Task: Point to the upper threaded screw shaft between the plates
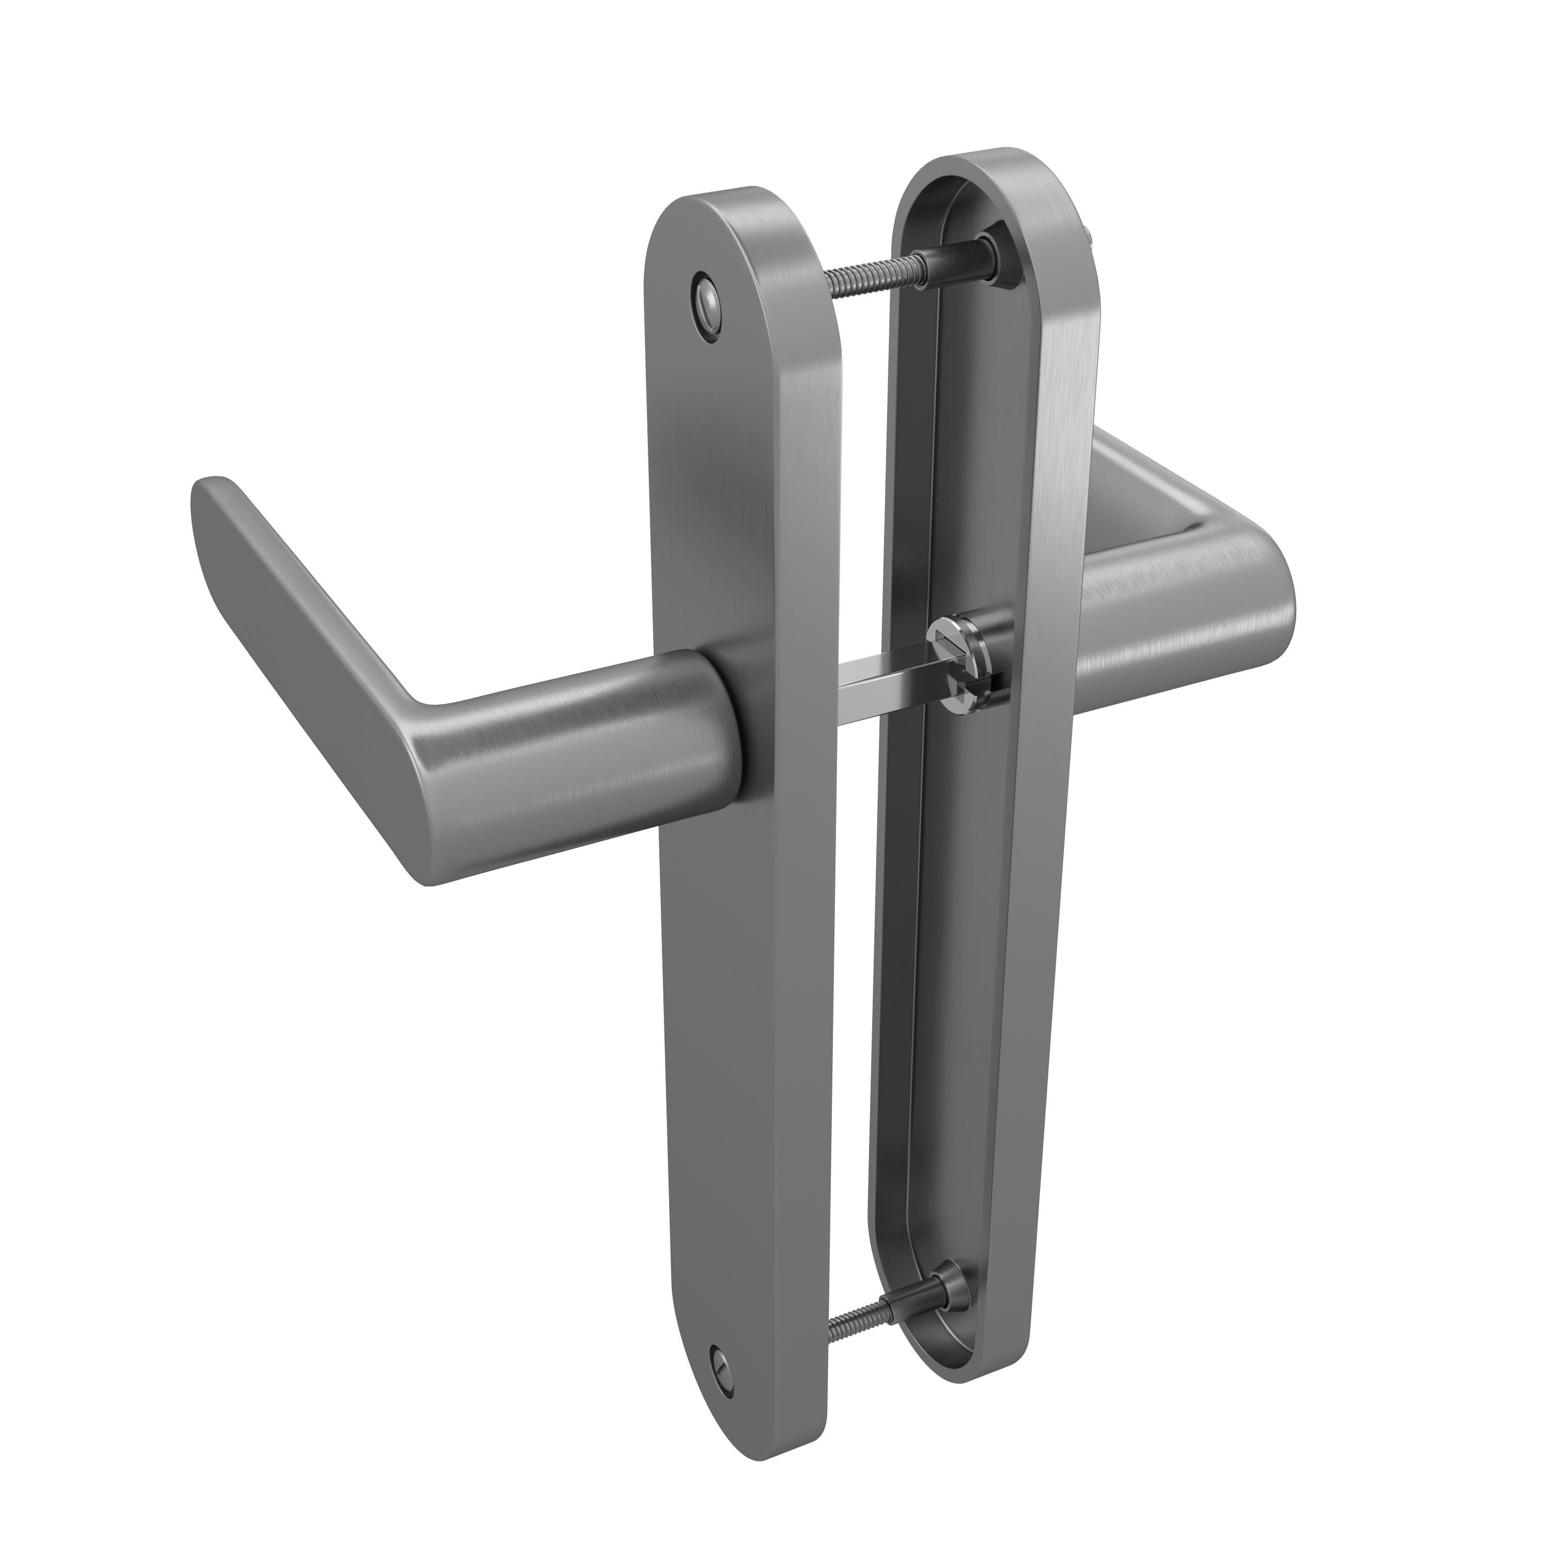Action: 875,279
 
